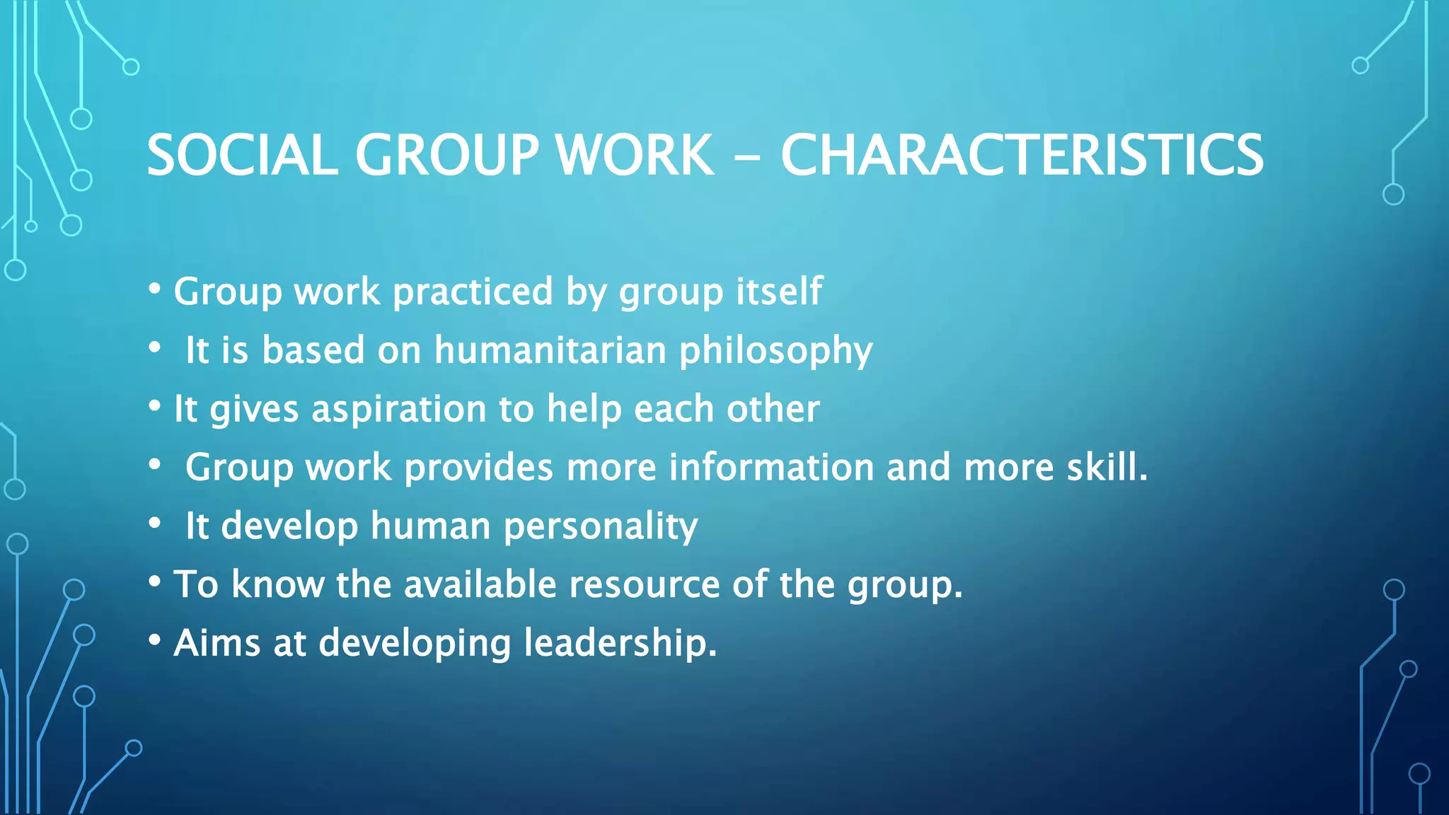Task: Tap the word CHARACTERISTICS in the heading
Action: click(1022, 155)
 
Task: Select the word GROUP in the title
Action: click(446, 155)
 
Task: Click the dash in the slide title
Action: click(747, 157)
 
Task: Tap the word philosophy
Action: click(775, 351)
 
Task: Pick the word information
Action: click(771, 467)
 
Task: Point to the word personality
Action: click(601, 526)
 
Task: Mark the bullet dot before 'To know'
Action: click(155, 582)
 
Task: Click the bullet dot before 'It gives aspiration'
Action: click(155, 406)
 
